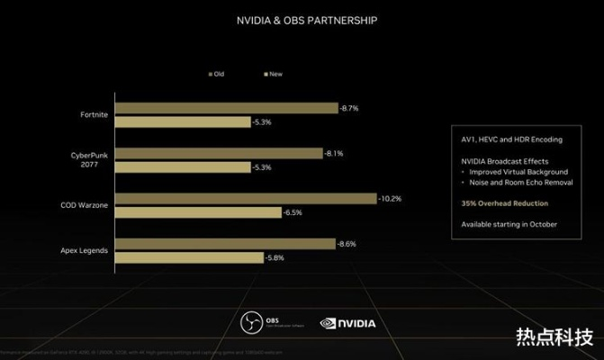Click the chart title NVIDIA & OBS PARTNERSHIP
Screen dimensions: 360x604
(302, 20)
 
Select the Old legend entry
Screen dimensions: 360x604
(216, 75)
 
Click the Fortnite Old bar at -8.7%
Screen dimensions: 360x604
(227, 108)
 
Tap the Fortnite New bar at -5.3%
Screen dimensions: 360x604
(184, 121)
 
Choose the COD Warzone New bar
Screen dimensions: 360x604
(199, 212)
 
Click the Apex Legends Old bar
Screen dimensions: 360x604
(226, 244)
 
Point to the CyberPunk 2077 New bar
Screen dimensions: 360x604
(184, 167)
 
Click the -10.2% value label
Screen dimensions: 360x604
(390, 198)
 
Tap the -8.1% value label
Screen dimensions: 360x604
(336, 153)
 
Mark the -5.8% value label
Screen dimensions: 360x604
(276, 258)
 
